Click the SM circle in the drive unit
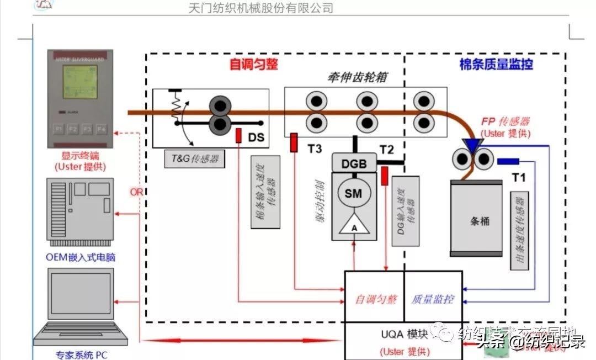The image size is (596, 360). (x=354, y=193)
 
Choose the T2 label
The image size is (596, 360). (x=387, y=149)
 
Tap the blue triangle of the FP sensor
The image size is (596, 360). (x=472, y=144)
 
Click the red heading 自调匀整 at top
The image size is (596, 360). (x=254, y=65)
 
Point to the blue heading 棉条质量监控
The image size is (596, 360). (x=496, y=65)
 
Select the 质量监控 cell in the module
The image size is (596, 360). (x=433, y=299)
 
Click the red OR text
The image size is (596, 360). (x=136, y=192)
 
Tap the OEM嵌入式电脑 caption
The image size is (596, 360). (x=81, y=257)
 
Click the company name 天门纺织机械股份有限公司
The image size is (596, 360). (x=260, y=8)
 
